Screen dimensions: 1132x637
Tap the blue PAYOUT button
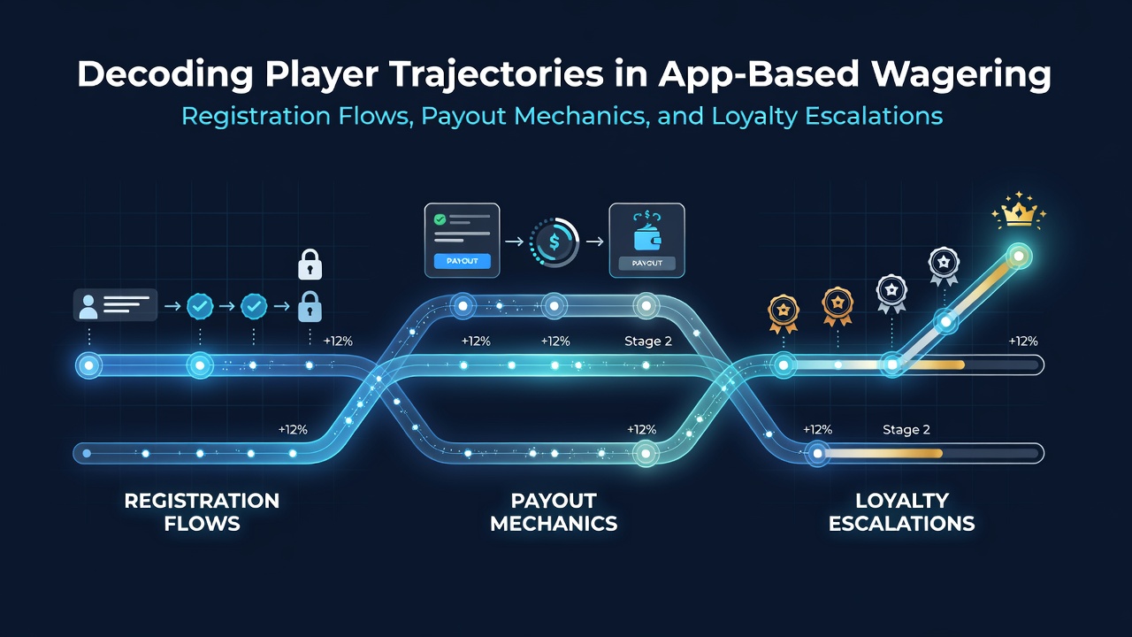(462, 261)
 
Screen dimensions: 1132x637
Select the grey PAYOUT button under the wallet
(646, 263)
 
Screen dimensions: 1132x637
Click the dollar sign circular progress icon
(555, 242)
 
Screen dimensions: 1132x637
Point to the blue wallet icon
(647, 238)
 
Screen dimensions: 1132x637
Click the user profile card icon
(115, 305)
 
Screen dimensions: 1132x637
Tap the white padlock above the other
(310, 265)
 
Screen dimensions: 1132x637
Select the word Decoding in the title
(164, 73)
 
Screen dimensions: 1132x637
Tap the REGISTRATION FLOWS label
(202, 511)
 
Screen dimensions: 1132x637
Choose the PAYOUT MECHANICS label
(554, 511)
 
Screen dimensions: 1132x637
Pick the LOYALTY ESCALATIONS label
(901, 511)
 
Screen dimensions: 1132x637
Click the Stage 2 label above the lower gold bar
(906, 430)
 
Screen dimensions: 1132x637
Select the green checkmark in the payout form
(440, 219)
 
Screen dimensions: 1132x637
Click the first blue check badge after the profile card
(200, 306)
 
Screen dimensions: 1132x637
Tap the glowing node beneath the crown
(1019, 257)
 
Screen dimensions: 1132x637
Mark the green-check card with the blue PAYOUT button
(462, 240)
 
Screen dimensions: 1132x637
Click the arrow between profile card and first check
(172, 306)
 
